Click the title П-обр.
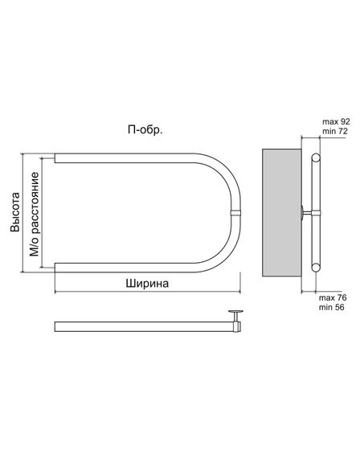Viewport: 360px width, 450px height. click(x=145, y=130)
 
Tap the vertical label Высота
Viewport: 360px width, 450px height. click(x=15, y=212)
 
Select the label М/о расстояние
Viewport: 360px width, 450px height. click(x=35, y=214)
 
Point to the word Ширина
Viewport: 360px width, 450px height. click(x=147, y=284)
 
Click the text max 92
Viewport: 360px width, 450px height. click(x=336, y=121)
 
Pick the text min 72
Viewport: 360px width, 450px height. click(x=335, y=131)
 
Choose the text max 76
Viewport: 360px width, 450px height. click(x=333, y=297)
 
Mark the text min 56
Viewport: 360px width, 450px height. click(x=332, y=307)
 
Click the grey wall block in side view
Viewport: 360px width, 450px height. click(x=281, y=212)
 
